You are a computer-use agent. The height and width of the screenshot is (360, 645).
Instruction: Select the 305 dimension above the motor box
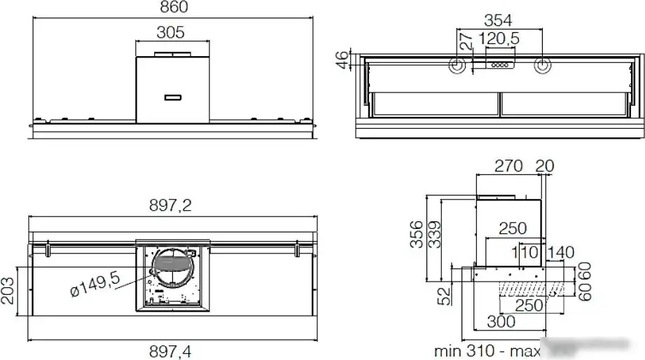[169, 32]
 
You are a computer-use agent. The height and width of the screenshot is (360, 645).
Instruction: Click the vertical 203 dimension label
[8, 288]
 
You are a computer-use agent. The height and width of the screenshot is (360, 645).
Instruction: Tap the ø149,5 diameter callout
[96, 286]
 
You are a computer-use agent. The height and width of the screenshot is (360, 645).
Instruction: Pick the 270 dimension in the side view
[508, 166]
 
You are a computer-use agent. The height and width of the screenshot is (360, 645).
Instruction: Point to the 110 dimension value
[524, 251]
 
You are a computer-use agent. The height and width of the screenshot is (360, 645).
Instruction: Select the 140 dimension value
[560, 251]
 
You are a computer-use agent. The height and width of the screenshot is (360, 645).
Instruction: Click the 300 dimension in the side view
[501, 321]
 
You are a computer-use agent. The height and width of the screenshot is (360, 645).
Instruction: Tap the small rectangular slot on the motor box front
[172, 97]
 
